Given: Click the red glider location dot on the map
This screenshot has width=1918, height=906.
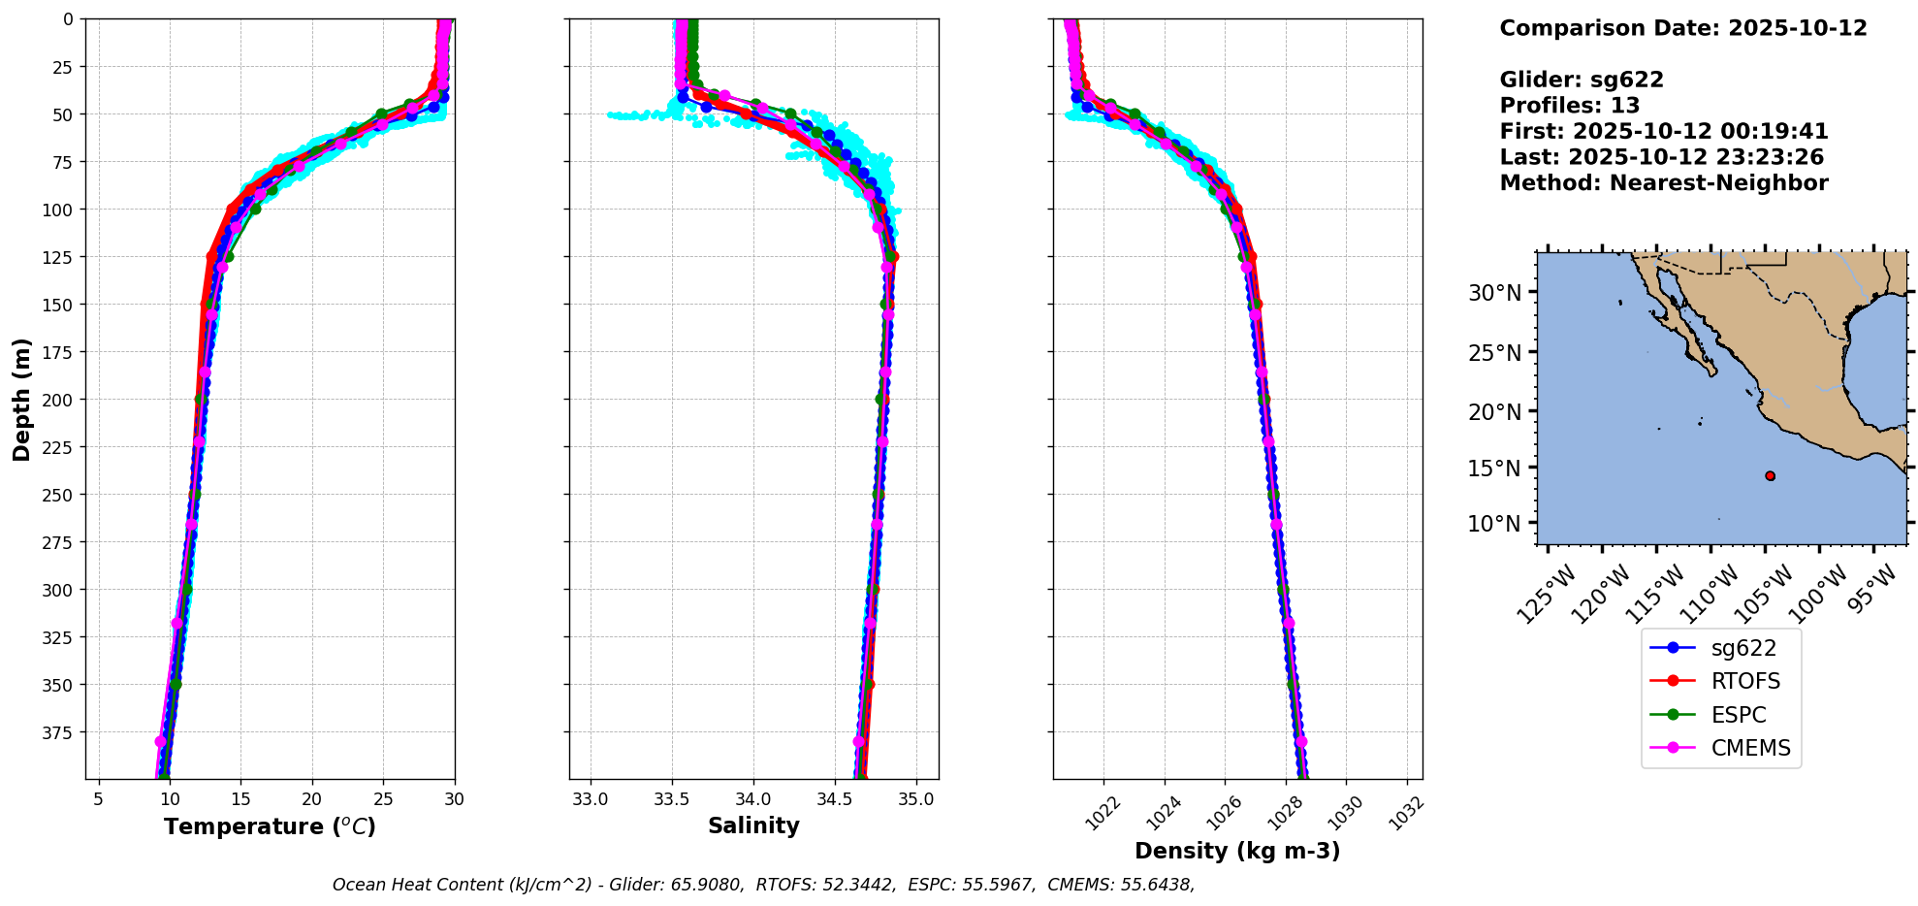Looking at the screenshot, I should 1770,475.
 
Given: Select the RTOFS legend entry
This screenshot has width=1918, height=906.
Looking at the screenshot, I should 1744,681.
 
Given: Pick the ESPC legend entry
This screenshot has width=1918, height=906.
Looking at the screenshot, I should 1738,715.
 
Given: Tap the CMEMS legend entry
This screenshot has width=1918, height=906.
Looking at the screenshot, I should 1750,748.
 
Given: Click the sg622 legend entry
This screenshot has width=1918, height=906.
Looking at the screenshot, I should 1743,648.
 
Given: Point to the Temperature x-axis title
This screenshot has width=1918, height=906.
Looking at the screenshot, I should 270,826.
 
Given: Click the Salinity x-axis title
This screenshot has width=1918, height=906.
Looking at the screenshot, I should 753,825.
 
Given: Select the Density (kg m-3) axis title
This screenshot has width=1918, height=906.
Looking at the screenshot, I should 1237,851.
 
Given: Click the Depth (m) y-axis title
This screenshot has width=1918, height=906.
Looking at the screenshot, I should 22,399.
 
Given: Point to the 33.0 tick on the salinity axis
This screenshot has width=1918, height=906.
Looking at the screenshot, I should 591,800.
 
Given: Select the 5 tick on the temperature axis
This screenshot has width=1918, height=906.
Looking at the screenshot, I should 98,799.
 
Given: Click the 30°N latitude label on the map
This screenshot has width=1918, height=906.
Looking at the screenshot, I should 1494,292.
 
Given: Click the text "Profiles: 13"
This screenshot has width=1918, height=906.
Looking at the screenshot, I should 1569,106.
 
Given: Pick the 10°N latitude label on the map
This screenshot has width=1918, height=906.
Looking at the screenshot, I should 1494,524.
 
